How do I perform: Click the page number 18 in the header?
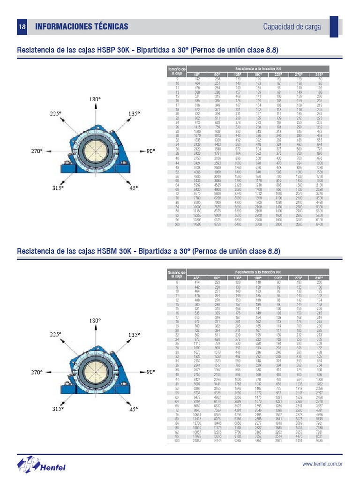(x=22, y=27)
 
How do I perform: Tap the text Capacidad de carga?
(x=292, y=27)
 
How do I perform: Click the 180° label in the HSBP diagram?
(x=95, y=100)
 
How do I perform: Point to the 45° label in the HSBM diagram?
(x=134, y=409)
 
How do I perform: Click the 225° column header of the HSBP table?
(x=278, y=75)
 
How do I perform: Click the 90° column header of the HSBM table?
(x=217, y=278)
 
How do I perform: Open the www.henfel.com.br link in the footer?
(x=323, y=464)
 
